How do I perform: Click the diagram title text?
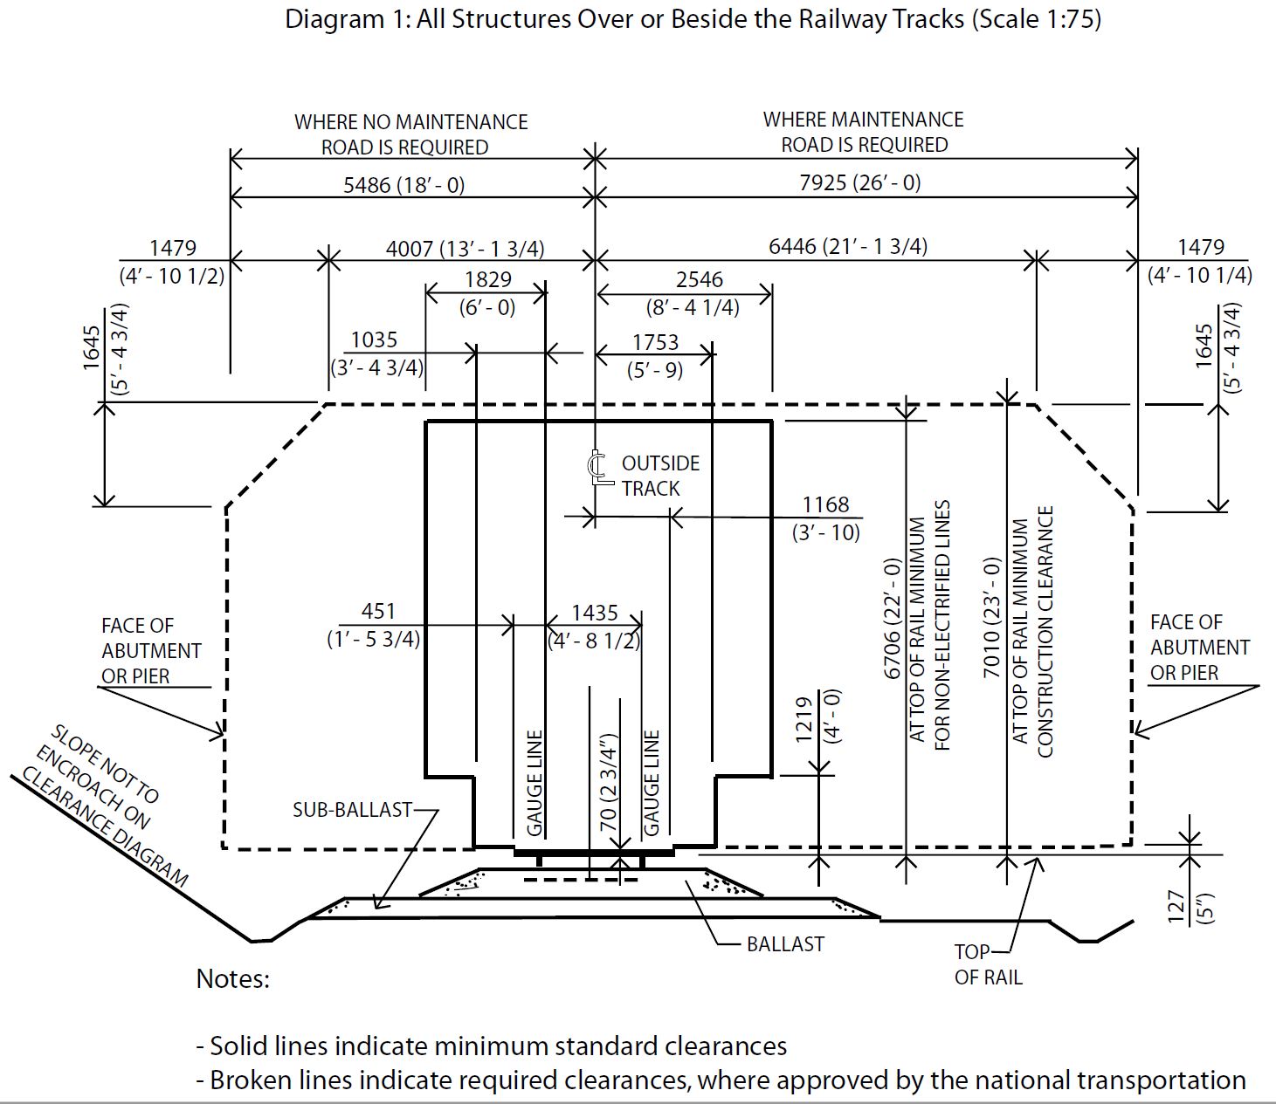point(693,19)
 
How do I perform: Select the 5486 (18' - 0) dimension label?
point(403,185)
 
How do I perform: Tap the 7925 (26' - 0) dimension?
point(859,183)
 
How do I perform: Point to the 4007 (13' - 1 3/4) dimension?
point(465,249)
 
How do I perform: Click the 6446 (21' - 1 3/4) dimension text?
point(847,247)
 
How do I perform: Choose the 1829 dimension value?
point(487,280)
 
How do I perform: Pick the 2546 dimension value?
point(699,280)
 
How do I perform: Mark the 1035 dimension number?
point(374,340)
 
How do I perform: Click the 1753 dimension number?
point(655,342)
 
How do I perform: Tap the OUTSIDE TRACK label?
point(659,476)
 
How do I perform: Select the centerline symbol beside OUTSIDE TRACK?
point(597,468)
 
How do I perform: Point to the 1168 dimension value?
point(825,505)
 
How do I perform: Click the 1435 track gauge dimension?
point(595,614)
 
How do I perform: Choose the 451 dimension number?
point(378,612)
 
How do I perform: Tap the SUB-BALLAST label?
point(352,810)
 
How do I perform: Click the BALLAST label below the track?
point(785,944)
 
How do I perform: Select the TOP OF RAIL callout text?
point(987,964)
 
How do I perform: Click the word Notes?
point(233,979)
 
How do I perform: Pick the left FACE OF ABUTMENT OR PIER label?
point(150,651)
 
